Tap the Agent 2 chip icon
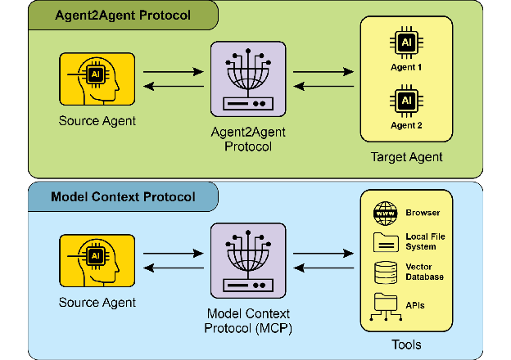[x=406, y=101]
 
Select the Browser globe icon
[x=384, y=212]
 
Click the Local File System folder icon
[x=384, y=241]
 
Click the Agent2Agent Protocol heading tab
[x=120, y=16]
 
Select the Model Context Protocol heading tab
[x=123, y=197]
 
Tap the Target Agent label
[x=407, y=156]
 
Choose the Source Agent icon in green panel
[x=97, y=79]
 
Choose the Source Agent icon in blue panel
[x=97, y=260]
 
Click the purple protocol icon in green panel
[x=247, y=80]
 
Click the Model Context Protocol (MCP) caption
[x=247, y=322]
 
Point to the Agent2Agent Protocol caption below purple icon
[x=247, y=140]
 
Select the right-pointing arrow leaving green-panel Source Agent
[x=173, y=73]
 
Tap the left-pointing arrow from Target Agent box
[x=324, y=88]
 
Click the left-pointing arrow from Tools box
[x=324, y=269]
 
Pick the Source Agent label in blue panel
[x=97, y=303]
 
